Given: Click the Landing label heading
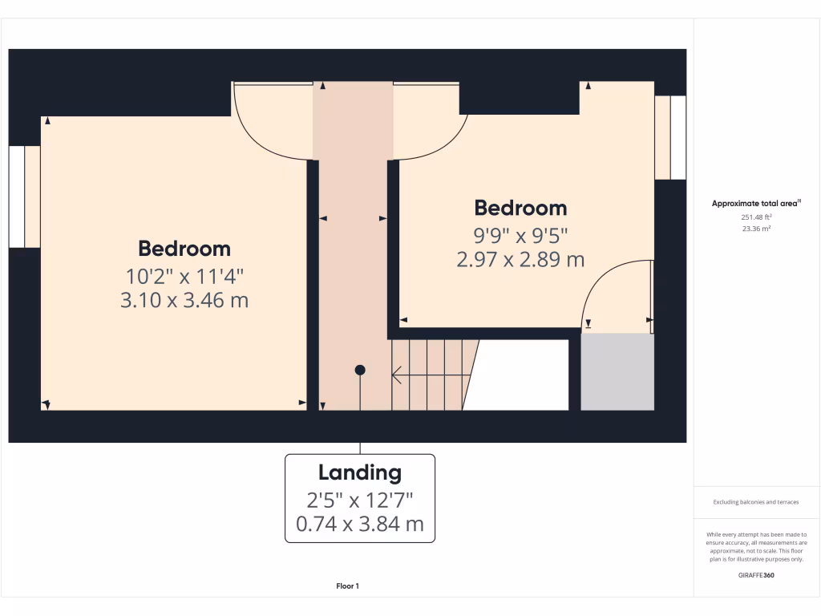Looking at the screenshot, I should pos(360,473).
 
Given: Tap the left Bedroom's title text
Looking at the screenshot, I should pos(184,249).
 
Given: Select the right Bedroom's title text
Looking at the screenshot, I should pos(520,209).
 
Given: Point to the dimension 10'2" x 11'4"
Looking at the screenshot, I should pos(185,277).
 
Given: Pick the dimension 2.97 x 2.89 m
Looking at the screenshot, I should pos(520,260).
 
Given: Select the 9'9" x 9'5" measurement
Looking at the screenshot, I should pos(520,236).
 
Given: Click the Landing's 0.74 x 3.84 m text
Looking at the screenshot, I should pos(360,525).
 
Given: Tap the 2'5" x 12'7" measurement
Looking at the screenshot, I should pos(360,500).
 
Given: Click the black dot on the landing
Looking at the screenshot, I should pos(360,370).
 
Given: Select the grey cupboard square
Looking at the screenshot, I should pos(617,372).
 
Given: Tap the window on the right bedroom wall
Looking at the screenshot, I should pos(670,138).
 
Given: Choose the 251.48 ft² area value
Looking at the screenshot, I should pos(757,217).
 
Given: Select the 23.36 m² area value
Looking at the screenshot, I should pos(757,229).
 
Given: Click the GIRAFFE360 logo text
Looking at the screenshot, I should pos(757,575).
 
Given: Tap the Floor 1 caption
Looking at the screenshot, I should pos(347,586).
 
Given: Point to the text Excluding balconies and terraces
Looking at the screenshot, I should pos(756,502).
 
